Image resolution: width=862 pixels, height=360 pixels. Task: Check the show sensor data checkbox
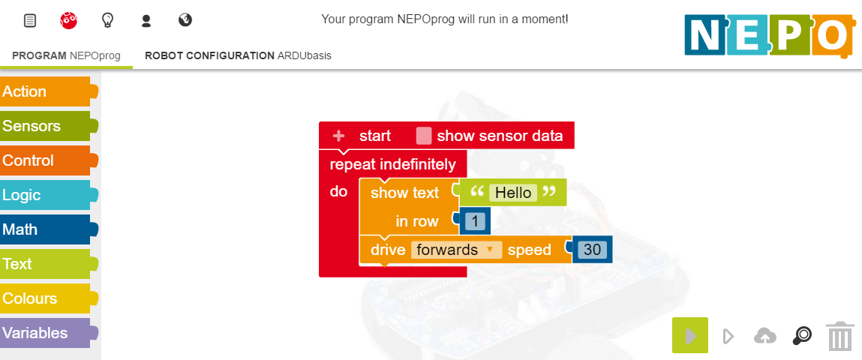424,136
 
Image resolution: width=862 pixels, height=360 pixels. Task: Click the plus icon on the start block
338,136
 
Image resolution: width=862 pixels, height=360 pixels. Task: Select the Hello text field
513,193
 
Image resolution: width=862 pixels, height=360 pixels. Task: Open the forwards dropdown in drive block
456,250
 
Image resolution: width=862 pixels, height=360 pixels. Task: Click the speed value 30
592,250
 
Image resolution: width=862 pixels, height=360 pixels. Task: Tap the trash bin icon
840,336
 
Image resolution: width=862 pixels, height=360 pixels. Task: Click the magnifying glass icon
802,336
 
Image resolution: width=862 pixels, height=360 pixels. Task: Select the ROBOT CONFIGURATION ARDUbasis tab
238,55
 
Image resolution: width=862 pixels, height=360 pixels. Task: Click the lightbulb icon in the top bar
108,20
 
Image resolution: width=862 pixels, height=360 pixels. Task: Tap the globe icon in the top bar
185,20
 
